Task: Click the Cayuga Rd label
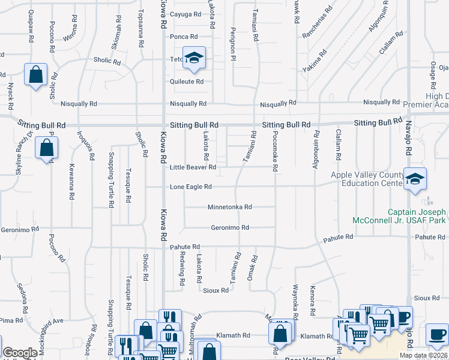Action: click(184, 14)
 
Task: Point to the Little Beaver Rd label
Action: click(188, 167)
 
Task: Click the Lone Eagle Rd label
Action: click(190, 187)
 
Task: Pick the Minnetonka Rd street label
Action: click(229, 207)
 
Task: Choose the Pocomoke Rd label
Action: click(274, 151)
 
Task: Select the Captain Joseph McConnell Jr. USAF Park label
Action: click(416, 216)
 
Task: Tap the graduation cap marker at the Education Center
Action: click(415, 178)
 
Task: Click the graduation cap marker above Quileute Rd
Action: click(194, 58)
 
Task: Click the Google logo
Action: click(20, 353)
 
